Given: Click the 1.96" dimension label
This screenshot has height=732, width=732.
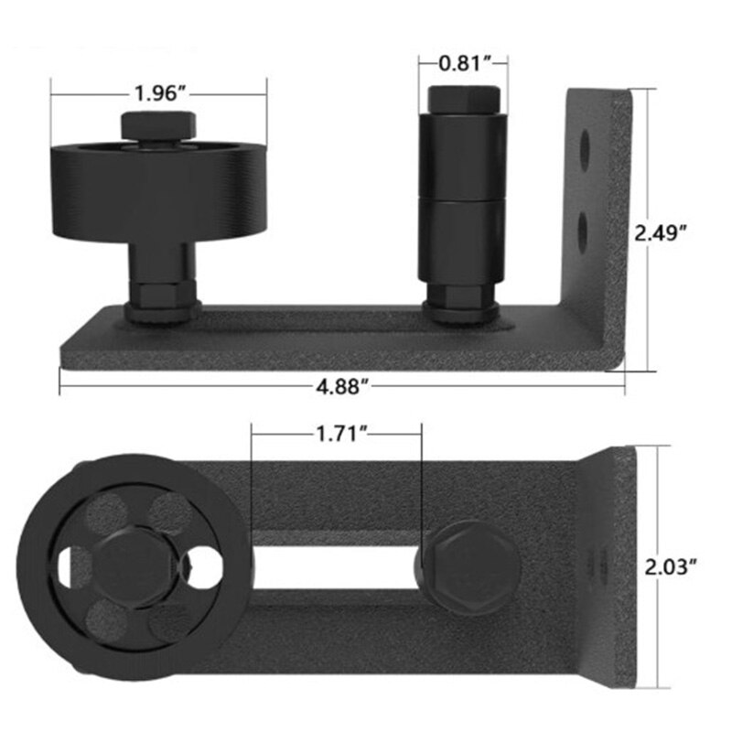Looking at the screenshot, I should click(160, 93).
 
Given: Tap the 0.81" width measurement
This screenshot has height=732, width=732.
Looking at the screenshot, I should click(462, 63).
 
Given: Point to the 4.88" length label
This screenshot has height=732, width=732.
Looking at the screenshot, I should click(341, 386).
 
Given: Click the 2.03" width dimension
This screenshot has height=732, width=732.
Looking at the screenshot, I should click(673, 567).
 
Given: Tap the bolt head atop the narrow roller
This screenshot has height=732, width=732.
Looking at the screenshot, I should click(462, 99).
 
